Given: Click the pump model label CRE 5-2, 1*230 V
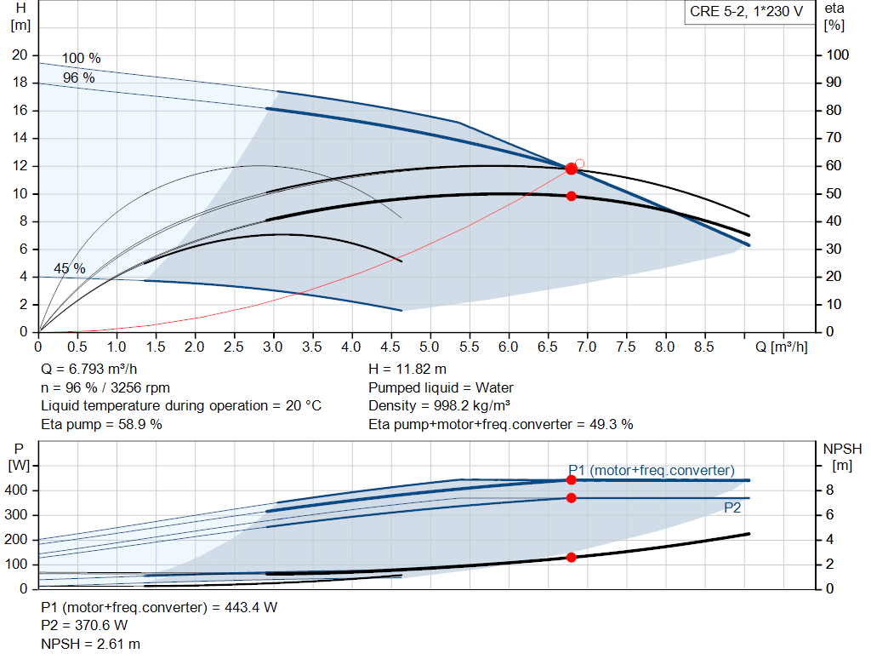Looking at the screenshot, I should point(746,14).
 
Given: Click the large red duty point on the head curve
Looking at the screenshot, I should point(572,169).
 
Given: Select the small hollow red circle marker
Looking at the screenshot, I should point(580,163).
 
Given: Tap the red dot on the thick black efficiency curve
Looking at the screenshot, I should point(572,196).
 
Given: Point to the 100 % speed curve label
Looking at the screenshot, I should point(82,59).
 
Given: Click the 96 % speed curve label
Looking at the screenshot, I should point(79,77).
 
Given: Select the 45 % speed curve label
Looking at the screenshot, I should point(70,268).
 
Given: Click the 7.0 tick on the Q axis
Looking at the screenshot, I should point(587,347).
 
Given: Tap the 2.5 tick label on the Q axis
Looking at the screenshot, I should point(234,347).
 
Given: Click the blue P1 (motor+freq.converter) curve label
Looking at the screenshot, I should point(652,470).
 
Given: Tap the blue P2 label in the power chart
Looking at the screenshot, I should point(732,507).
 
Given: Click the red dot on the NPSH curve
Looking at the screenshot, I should point(572,557).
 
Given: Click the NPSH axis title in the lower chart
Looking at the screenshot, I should point(842,449).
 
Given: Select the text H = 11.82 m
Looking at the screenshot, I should point(407,369).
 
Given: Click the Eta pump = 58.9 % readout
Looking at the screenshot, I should point(101,423).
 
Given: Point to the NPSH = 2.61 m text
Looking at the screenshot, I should point(91,644).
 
